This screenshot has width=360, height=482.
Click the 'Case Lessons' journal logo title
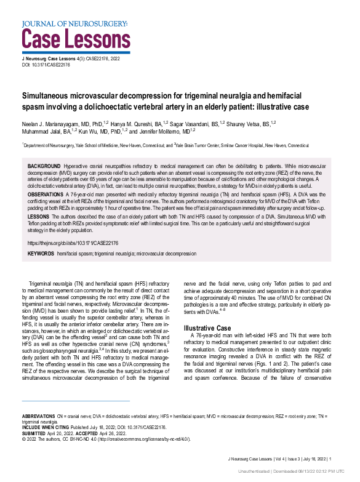[x=75, y=38]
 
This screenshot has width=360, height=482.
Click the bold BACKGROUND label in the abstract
[x=44, y=167]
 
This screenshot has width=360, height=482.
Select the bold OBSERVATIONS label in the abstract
[x=46, y=193]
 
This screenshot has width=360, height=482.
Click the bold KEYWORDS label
[x=41, y=254]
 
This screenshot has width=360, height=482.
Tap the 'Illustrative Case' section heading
[x=209, y=328]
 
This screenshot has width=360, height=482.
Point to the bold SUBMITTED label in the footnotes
[x=36, y=432]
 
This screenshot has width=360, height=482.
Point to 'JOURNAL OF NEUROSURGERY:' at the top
[x=74, y=23]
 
